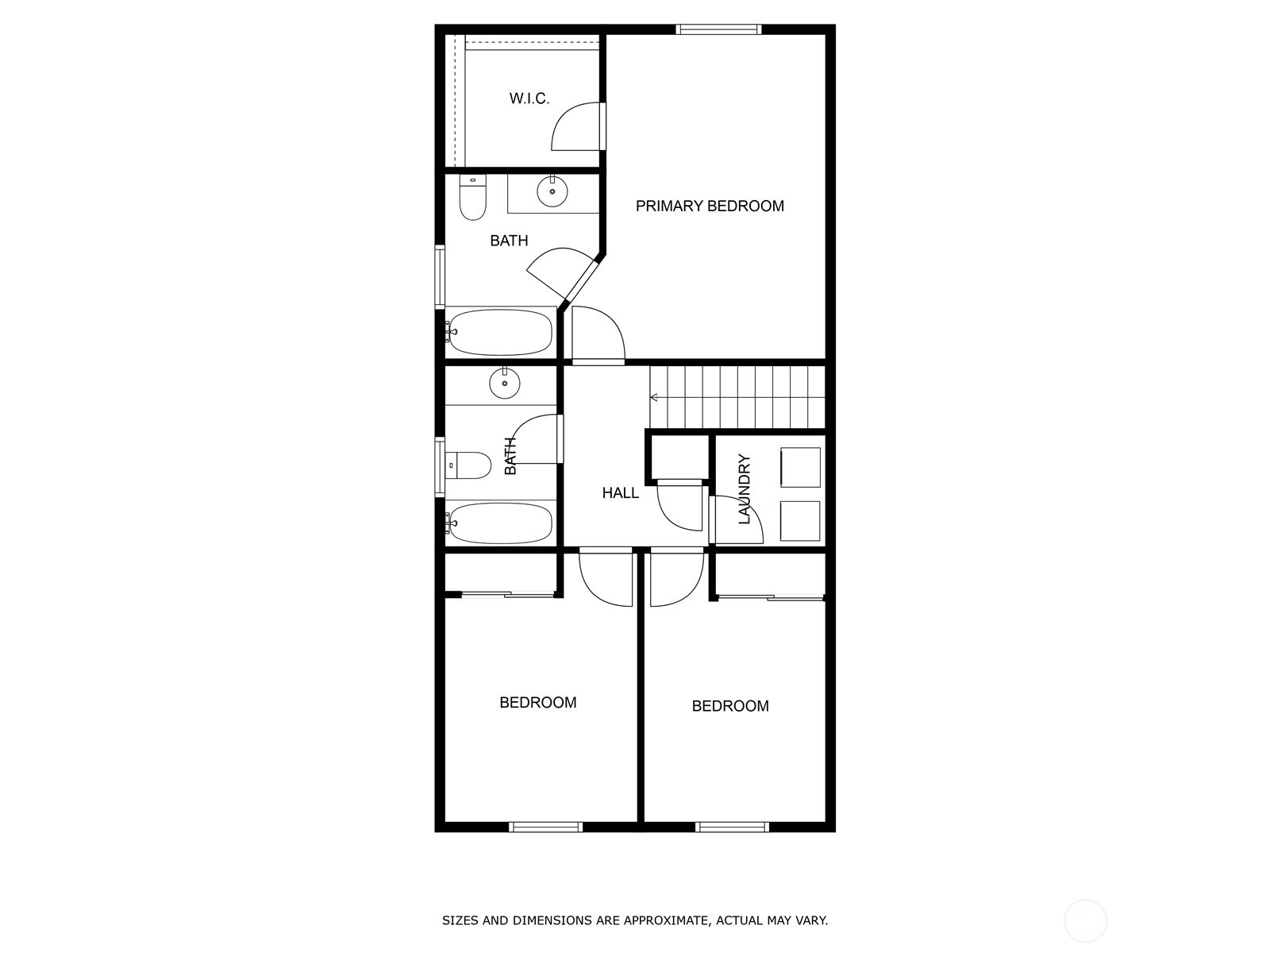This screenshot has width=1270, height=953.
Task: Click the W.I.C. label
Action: coord(529,98)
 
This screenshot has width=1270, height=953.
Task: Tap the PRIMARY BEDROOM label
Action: coord(710,206)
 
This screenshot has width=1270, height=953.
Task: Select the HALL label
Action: coord(620,493)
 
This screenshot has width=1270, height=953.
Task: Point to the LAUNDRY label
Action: coord(744,489)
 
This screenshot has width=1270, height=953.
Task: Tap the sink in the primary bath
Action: coord(552,191)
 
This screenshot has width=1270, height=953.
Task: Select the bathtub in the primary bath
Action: coord(501,332)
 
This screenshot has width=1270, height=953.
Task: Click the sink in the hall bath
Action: coord(505,383)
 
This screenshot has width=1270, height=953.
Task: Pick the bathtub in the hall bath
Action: coord(501,523)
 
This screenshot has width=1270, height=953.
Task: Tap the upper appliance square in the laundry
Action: coord(800,468)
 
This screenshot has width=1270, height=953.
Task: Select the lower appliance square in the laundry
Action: coord(799,521)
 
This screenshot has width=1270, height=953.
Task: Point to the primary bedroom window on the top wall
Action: coord(718,29)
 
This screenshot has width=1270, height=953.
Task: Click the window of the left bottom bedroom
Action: coord(545,827)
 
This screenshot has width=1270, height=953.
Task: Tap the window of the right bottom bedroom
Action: coord(732,827)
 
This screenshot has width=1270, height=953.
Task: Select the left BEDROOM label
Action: coord(538,703)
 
